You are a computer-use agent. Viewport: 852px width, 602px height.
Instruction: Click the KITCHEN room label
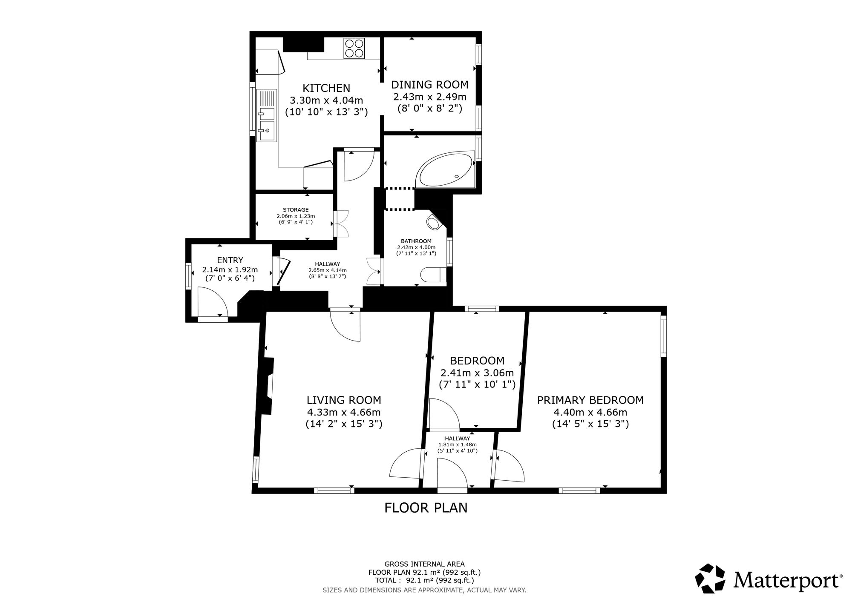(x=326, y=88)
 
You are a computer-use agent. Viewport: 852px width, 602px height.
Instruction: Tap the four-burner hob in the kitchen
(x=354, y=48)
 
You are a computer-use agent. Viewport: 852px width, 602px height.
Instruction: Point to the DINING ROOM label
(x=430, y=85)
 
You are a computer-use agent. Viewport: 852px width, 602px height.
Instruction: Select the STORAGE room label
(x=296, y=209)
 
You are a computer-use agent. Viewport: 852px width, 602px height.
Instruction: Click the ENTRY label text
(x=230, y=260)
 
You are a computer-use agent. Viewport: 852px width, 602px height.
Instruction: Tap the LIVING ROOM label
(x=344, y=400)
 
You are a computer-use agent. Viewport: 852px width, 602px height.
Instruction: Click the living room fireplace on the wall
(x=268, y=386)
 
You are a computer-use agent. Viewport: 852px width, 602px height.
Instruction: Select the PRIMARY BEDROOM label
(x=590, y=400)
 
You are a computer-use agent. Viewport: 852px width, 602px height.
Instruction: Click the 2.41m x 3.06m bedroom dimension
(x=477, y=373)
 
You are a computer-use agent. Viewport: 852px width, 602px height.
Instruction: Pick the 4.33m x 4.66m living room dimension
(x=344, y=412)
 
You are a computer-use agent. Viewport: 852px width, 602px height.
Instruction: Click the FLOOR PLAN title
(x=426, y=508)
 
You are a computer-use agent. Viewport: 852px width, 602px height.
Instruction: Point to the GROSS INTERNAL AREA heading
(x=425, y=564)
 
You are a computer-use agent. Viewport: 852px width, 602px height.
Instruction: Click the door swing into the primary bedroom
(x=509, y=466)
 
